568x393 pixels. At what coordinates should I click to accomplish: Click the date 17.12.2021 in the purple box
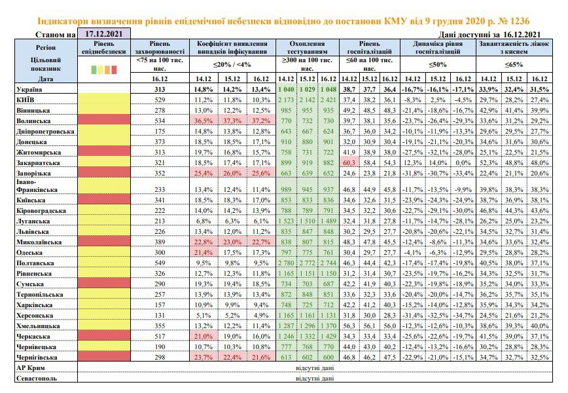click(103, 33)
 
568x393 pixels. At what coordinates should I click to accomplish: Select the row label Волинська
click(33, 121)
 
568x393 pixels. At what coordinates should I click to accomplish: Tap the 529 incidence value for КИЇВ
click(160, 100)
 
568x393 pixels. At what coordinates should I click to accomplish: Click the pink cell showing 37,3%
click(232, 121)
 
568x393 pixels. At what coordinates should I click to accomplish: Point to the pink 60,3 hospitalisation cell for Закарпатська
click(349, 163)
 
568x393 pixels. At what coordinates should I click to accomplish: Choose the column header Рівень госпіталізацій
click(370, 48)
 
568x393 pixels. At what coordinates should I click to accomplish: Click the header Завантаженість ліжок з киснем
click(514, 48)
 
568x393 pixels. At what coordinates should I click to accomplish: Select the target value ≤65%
click(514, 65)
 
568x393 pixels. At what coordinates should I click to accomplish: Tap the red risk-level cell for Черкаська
click(104, 336)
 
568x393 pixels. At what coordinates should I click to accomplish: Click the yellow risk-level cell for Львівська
click(104, 231)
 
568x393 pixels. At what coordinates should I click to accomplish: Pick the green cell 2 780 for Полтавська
click(286, 263)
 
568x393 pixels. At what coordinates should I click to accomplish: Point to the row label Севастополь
click(37, 378)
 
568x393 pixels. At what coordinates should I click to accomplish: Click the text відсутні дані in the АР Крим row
click(315, 367)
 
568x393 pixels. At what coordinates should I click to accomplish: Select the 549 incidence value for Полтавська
click(160, 263)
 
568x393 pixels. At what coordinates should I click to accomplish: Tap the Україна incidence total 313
click(160, 89)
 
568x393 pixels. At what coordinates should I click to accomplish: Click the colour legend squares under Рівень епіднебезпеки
click(104, 69)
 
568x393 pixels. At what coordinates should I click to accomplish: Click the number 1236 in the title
click(519, 21)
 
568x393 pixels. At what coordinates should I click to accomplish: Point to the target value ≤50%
click(438, 65)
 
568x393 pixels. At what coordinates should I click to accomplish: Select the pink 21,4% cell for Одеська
click(204, 252)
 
